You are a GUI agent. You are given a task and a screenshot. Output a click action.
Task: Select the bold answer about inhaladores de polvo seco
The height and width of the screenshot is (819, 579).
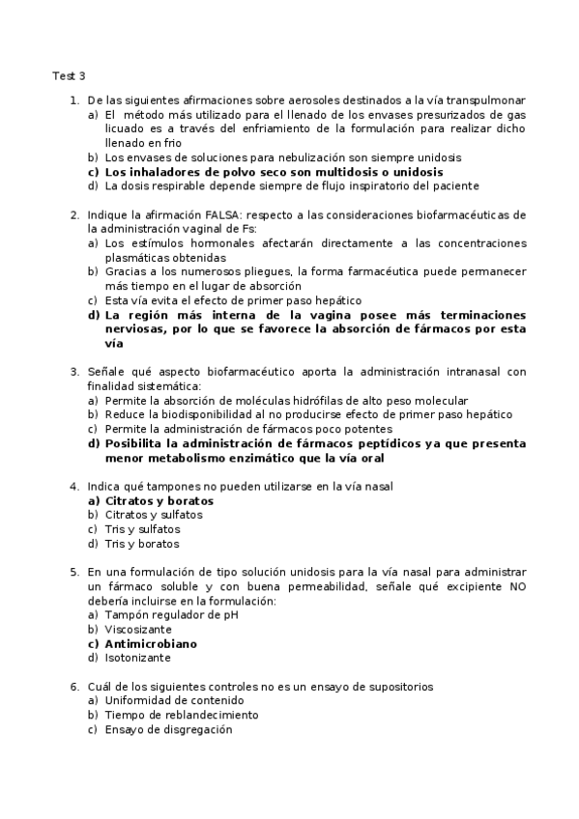pyautogui.click(x=261, y=172)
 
